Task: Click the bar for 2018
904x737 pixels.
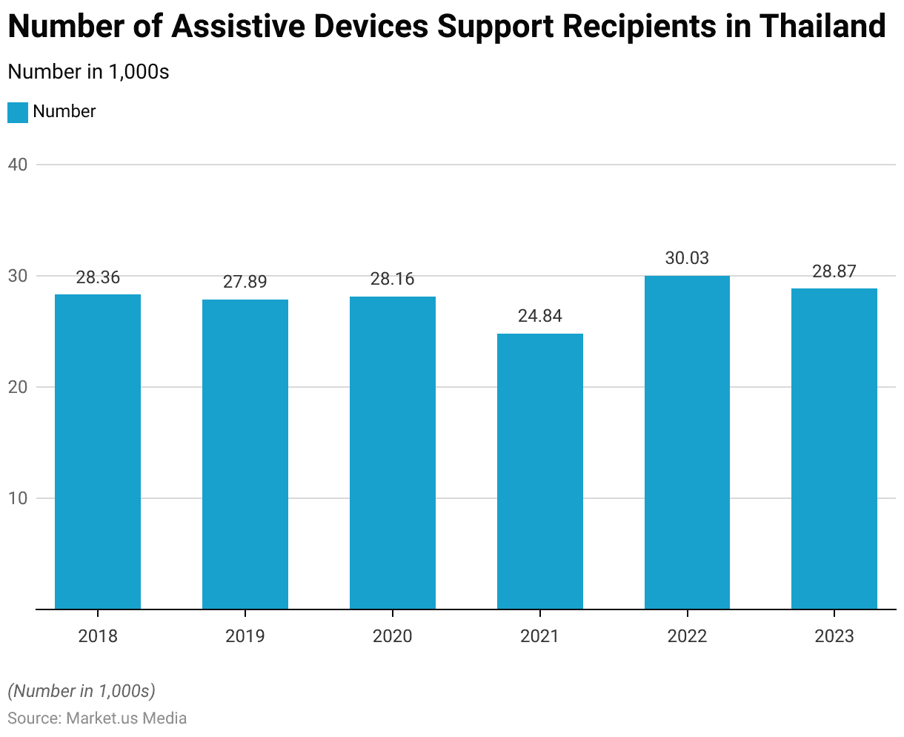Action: pos(98,452)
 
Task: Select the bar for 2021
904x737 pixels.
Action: pos(539,472)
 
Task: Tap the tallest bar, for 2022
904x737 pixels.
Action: pos(687,443)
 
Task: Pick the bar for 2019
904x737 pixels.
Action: pos(245,455)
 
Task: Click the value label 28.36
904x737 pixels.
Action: pos(98,277)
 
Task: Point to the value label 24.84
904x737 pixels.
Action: pos(539,317)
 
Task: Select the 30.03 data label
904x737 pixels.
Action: pos(687,258)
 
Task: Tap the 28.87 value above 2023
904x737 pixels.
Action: pos(834,271)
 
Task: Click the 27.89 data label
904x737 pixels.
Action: pos(245,282)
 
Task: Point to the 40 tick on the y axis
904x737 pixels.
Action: pos(18,165)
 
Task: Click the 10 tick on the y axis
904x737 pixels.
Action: pos(18,498)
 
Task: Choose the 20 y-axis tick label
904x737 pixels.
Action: pos(18,387)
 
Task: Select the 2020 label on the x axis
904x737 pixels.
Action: pos(392,636)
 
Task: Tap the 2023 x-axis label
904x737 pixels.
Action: pos(834,636)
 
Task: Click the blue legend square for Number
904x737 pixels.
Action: pos(18,113)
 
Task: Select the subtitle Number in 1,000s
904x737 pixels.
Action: pos(88,72)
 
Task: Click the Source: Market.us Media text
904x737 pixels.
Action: pos(97,718)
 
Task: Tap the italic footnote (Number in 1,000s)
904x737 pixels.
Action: pos(82,691)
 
